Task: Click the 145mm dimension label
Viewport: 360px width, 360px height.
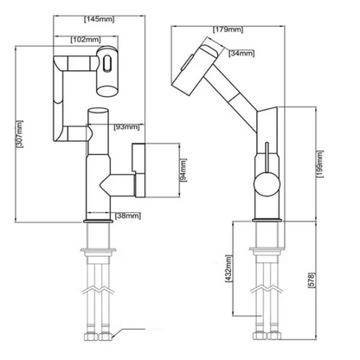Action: click(100, 19)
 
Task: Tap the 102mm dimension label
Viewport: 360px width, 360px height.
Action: click(86, 40)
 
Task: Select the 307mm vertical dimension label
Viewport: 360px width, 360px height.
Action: click(20, 133)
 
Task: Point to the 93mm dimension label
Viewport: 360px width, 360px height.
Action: click(126, 126)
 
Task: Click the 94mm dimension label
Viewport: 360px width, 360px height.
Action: click(183, 170)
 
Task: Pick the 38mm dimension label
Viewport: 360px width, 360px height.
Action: click(128, 215)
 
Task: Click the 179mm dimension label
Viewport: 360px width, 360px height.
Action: click(228, 29)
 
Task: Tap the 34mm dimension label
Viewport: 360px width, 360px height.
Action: click(241, 54)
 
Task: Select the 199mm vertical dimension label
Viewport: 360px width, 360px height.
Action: click(319, 164)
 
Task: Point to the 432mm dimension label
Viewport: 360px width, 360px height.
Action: click(228, 269)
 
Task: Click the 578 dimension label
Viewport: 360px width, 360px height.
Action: click(312, 280)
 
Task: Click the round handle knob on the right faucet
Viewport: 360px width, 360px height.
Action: click(267, 184)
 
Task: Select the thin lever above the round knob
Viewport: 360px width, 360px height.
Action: click(267, 157)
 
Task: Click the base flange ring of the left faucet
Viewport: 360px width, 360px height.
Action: click(98, 221)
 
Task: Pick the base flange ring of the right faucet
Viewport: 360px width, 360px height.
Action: click(267, 221)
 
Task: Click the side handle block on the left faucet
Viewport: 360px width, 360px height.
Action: click(138, 170)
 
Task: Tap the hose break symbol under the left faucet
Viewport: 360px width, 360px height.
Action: click(98, 291)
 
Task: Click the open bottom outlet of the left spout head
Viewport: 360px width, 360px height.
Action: click(107, 92)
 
